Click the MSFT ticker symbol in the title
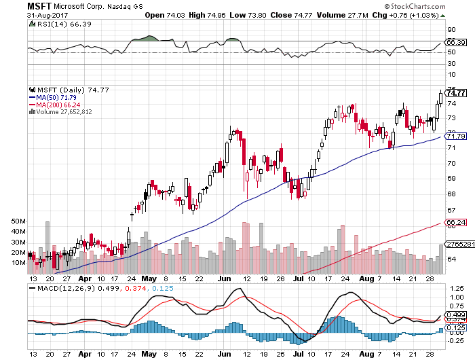tap(40, 5)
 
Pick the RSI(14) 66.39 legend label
tap(58, 24)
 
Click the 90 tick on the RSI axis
tap(451, 30)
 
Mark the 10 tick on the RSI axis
tap(451, 75)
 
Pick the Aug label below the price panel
tap(363, 278)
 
